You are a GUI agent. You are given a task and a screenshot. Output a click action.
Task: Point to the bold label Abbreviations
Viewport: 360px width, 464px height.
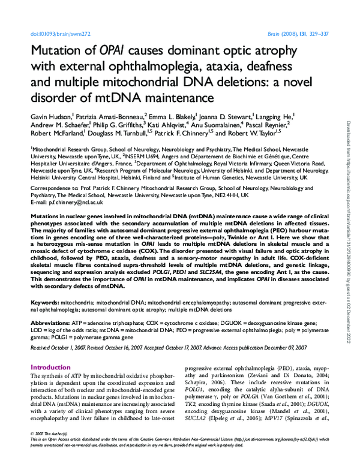(x=51, y=323)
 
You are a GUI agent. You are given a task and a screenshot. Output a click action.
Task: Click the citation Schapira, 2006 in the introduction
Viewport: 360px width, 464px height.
(x=206, y=388)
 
